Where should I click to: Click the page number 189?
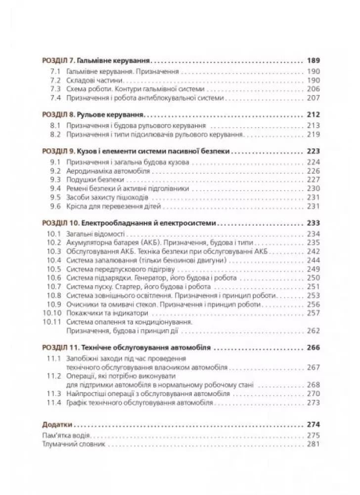pos(314,61)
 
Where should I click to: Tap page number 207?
pos(314,98)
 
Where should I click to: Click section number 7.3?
pos(55,89)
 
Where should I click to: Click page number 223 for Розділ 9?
pos(314,151)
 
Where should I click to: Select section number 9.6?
pos(55,206)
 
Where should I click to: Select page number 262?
pos(314,332)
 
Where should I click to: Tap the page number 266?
pos(314,348)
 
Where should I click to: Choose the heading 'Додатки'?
pos(57,424)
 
